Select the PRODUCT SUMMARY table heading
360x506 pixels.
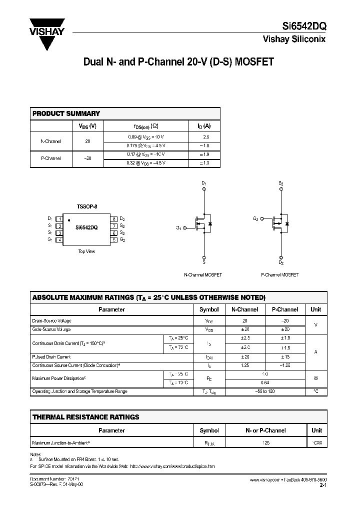(x=66, y=113)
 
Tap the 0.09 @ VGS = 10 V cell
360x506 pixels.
(x=146, y=136)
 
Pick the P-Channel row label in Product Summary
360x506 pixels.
(x=50, y=158)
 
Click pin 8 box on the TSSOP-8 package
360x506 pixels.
(x=114, y=219)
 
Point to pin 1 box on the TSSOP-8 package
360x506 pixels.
(x=58, y=219)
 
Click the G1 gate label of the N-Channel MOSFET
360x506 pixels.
(x=178, y=228)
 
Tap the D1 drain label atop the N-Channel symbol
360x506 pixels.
(x=203, y=183)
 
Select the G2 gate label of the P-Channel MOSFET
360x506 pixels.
(x=255, y=219)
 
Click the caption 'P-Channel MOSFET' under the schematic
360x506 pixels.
(x=280, y=275)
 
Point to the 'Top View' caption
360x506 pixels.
(x=86, y=251)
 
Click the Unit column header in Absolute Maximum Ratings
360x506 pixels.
(x=315, y=309)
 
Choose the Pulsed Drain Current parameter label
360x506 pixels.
(x=51, y=357)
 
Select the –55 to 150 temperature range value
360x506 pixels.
(x=264, y=391)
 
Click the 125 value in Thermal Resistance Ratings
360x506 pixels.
(x=265, y=442)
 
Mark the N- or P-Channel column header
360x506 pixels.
(x=265, y=430)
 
